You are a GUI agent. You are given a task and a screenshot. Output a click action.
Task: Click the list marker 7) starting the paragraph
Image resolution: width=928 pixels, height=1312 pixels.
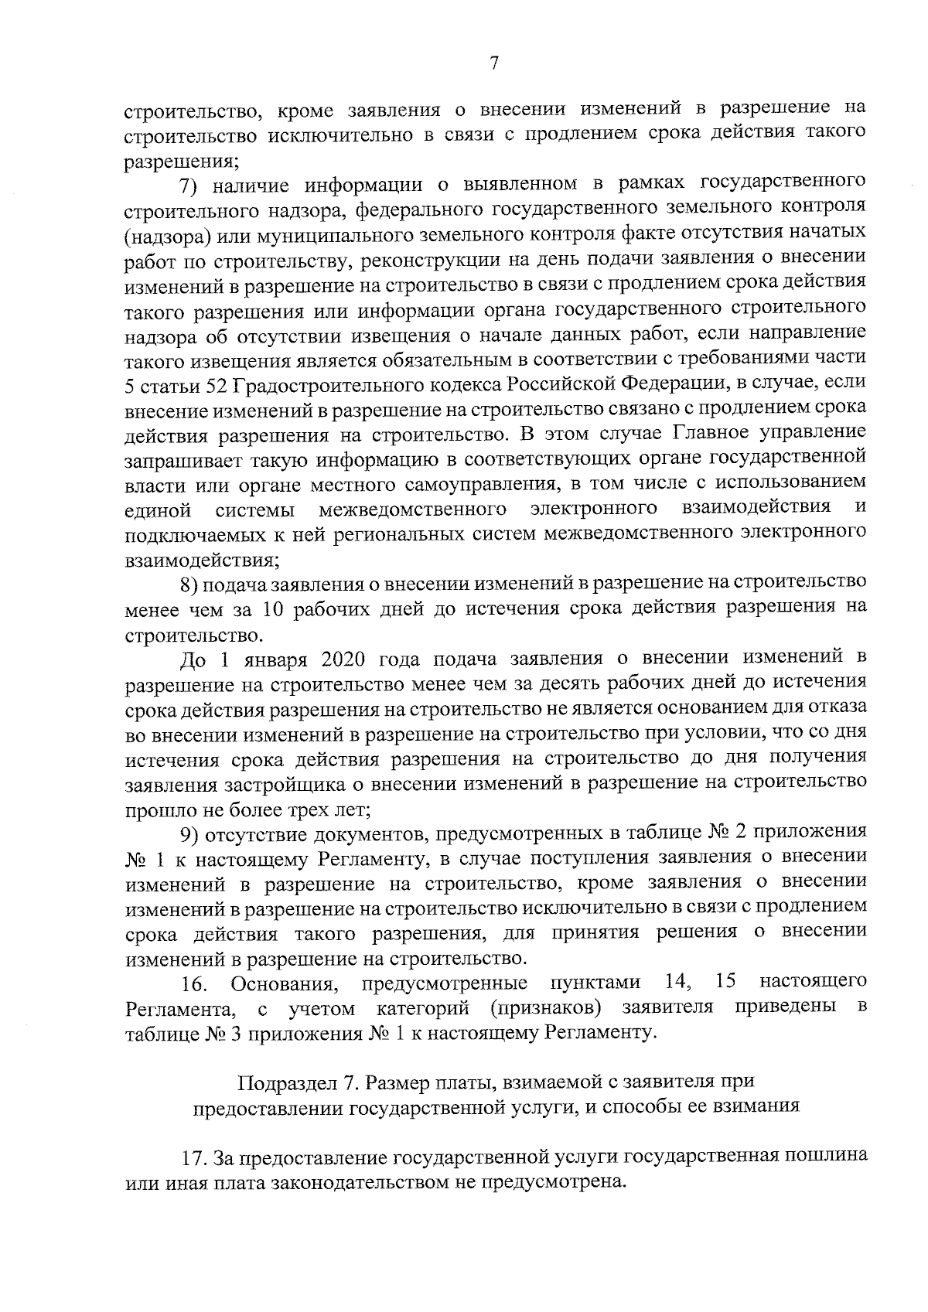189,186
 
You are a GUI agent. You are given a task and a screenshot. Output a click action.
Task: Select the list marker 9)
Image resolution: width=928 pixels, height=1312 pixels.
189,835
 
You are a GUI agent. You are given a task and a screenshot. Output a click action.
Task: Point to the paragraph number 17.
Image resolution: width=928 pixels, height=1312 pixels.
193,1160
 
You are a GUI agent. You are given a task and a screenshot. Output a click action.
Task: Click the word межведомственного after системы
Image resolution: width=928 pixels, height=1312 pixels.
413,509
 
